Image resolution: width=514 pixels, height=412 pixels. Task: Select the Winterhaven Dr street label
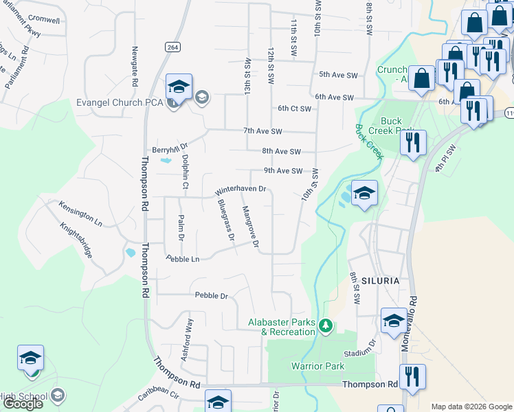[241, 190]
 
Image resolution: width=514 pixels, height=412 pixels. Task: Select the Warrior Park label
[317, 366]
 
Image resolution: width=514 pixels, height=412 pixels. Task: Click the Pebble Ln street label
[182, 259]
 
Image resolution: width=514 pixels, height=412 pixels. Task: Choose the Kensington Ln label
[80, 214]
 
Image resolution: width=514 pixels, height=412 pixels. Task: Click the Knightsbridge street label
[76, 240]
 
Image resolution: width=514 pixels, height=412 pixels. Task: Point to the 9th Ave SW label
[282, 171]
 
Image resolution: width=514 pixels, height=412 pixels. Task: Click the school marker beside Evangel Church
[179, 87]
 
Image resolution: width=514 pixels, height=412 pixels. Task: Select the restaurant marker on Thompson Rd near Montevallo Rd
[412, 377]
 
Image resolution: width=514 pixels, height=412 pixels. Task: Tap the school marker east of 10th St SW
[364, 193]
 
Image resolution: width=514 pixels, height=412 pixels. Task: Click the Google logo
[23, 404]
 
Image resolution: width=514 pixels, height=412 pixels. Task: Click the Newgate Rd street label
[135, 61]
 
